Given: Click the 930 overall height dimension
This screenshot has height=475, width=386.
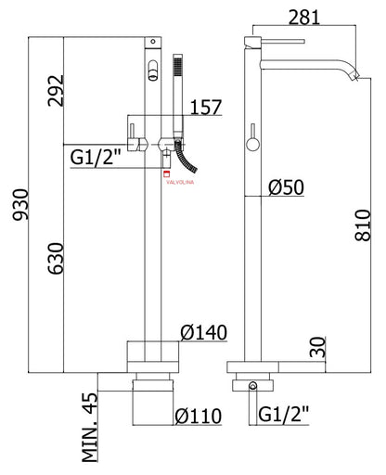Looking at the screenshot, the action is (20, 204).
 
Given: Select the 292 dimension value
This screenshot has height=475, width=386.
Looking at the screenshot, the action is (56, 91).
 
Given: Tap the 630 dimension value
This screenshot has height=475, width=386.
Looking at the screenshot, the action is (56, 259).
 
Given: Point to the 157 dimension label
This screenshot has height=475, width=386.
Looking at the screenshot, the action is (206, 107).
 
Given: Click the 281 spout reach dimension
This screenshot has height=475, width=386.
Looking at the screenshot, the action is (304, 18).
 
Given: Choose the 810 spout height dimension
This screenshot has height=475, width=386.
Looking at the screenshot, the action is (363, 225).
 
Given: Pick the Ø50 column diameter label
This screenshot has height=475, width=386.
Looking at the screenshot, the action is (286, 187).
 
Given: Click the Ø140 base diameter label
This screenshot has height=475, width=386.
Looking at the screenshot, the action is (204, 332).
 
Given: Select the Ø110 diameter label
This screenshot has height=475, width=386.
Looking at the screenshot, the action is (199, 416).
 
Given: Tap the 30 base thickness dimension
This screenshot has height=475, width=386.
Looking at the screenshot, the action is (318, 347).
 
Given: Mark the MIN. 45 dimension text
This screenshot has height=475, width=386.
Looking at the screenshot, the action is (90, 427).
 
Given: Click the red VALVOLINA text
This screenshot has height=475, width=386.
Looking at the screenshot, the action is (180, 182).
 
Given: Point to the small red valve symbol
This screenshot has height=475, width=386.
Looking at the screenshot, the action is (167, 173).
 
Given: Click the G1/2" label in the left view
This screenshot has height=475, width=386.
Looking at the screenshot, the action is (95, 158).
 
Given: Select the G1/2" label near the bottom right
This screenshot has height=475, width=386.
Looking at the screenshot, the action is (284, 414).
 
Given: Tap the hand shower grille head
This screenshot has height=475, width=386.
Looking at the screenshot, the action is (177, 65).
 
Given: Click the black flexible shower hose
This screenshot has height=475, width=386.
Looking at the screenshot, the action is (186, 156).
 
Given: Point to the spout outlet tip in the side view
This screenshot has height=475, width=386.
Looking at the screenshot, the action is (355, 77).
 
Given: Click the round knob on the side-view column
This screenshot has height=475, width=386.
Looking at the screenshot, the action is (252, 145).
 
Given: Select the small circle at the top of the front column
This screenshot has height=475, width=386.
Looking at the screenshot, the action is (153, 41).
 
